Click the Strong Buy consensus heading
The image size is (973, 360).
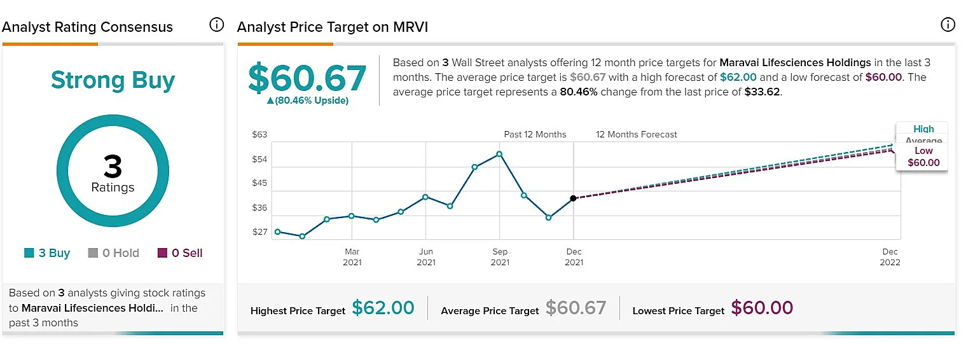pyautogui.click(x=113, y=80)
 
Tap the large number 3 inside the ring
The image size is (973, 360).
pyautogui.click(x=113, y=166)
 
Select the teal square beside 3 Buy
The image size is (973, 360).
pyautogui.click(x=29, y=253)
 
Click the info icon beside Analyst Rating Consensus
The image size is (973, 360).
pyautogui.click(x=216, y=25)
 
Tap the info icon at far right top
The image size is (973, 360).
pyautogui.click(x=948, y=25)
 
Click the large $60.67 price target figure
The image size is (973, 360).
pyautogui.click(x=307, y=78)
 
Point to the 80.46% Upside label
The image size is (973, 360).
pyautogui.click(x=308, y=100)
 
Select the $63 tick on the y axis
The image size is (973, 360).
pyautogui.click(x=259, y=135)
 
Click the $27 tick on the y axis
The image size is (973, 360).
pyautogui.click(x=259, y=232)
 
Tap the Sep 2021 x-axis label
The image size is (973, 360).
pyautogui.click(x=500, y=257)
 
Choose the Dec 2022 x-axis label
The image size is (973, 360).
pyautogui.click(x=890, y=257)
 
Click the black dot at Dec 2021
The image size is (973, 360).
pyautogui.click(x=574, y=198)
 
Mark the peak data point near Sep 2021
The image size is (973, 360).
pyautogui.click(x=499, y=154)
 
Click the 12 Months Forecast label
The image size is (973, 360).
pyautogui.click(x=637, y=135)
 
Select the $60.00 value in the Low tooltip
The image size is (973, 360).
pyautogui.click(x=923, y=163)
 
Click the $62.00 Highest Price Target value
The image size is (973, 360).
pyautogui.click(x=383, y=308)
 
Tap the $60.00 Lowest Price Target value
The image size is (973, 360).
pyautogui.click(x=762, y=308)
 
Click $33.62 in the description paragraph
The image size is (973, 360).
pyautogui.click(x=763, y=92)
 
